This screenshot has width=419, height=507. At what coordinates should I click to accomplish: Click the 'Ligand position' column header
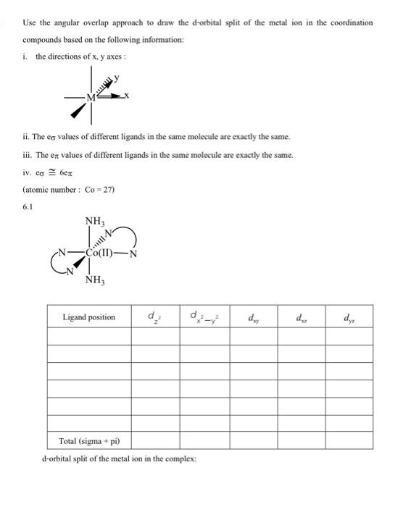(88, 317)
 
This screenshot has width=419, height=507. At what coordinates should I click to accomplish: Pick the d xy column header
(253, 317)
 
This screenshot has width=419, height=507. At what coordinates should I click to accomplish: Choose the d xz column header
(300, 317)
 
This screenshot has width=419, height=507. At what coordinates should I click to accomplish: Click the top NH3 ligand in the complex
(94, 220)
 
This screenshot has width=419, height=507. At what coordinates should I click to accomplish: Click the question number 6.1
(28, 206)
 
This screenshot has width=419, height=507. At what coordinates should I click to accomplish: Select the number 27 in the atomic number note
(109, 190)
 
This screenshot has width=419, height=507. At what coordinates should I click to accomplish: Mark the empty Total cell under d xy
(253, 440)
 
